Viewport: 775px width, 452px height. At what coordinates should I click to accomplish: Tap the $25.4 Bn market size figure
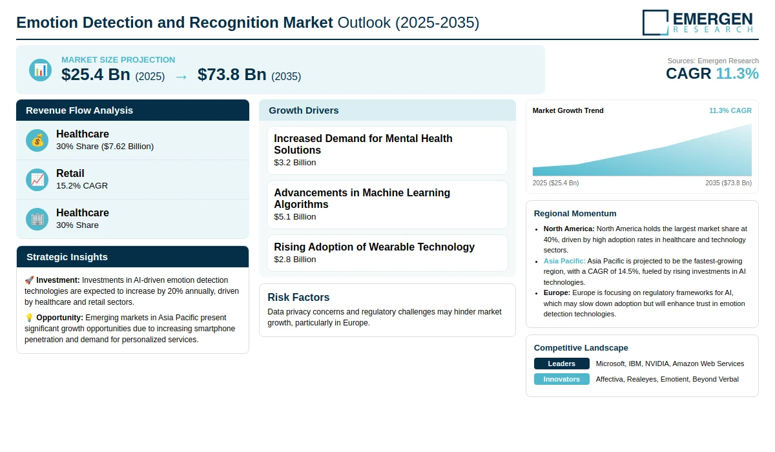tap(96, 74)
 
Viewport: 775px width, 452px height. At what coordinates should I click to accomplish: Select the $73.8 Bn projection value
tap(232, 74)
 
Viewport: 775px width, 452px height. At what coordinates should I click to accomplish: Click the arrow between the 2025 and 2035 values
tap(181, 77)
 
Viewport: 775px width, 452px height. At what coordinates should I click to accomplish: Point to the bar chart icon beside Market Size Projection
tap(41, 70)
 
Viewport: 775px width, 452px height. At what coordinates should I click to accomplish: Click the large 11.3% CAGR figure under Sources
tap(737, 74)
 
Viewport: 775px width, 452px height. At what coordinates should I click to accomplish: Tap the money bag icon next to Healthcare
tap(37, 140)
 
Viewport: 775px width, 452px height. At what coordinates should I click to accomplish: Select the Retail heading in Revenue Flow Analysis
tap(70, 173)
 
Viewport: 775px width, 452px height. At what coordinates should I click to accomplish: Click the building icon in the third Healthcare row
tap(37, 220)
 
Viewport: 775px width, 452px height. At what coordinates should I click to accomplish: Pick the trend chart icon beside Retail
tap(37, 180)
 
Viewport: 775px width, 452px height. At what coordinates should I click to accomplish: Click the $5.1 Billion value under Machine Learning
tap(294, 217)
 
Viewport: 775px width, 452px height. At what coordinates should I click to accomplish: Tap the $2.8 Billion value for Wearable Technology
tap(294, 260)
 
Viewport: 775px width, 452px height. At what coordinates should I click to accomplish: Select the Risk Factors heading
tap(298, 298)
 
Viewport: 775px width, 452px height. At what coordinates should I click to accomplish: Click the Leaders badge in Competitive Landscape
tap(561, 364)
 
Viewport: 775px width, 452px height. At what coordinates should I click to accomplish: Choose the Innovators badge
tap(561, 380)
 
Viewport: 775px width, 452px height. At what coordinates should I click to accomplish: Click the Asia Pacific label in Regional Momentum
tap(564, 261)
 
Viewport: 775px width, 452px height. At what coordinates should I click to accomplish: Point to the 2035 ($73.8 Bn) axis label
tap(728, 183)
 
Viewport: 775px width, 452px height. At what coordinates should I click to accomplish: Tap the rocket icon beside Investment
tap(29, 280)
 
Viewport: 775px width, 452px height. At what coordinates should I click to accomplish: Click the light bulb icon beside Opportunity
tap(29, 318)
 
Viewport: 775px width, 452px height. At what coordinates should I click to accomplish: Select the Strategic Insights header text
tap(67, 257)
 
